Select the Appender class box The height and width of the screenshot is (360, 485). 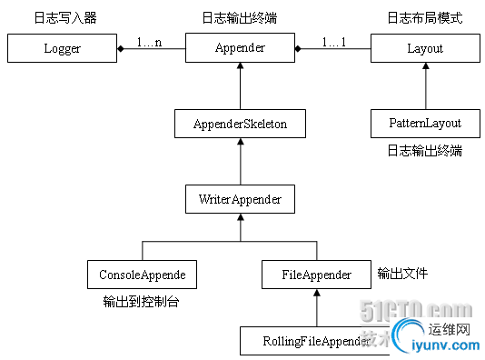click(240, 48)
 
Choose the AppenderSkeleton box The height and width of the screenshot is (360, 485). click(240, 124)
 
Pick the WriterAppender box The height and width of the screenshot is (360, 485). click(240, 198)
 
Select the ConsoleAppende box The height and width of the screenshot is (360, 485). click(142, 272)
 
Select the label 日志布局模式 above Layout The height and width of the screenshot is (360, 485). click(425, 17)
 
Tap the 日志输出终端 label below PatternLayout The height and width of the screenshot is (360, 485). click(425, 150)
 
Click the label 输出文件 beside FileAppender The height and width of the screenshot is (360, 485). click(402, 272)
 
